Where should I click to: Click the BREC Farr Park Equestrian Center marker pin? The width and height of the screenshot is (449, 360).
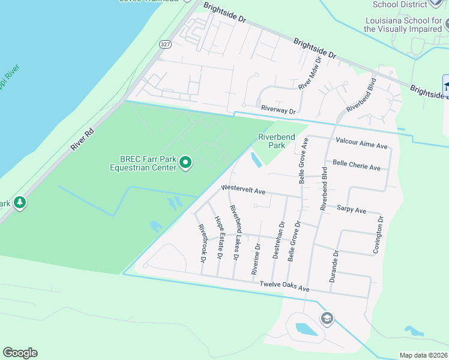click(185, 163)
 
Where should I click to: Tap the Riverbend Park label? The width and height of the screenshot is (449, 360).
click(276, 141)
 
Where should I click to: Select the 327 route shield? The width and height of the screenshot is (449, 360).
click(166, 44)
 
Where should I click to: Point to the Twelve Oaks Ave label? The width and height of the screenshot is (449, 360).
click(284, 286)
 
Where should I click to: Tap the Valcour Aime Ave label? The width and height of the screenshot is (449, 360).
click(361, 145)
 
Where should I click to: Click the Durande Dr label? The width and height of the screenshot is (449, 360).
click(336, 266)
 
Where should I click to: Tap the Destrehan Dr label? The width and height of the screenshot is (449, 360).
click(278, 240)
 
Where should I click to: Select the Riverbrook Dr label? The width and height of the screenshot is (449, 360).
click(202, 244)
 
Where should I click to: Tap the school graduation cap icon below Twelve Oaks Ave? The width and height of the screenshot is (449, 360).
click(327, 317)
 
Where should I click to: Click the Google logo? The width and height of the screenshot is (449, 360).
click(20, 353)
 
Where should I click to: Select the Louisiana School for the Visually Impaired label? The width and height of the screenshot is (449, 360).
click(403, 24)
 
